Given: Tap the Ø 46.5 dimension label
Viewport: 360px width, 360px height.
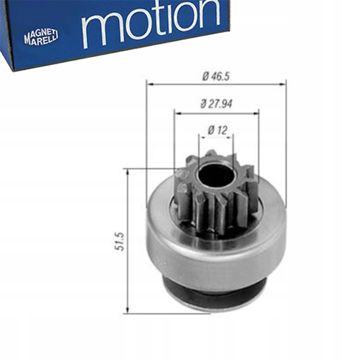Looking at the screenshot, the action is tap(216, 76).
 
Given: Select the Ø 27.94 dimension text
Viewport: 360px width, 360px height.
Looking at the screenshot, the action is tap(216, 104).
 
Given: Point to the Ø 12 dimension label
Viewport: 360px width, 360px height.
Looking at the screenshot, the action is tap(218, 130).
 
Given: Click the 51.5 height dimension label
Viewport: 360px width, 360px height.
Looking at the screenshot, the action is tap(120, 241).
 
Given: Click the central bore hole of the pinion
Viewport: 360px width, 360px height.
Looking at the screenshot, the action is tap(215, 174).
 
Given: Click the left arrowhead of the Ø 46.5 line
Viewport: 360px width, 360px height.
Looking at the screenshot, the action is tap(150, 84).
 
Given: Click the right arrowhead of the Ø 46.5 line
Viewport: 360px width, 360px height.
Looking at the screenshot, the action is tap(283, 84).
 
